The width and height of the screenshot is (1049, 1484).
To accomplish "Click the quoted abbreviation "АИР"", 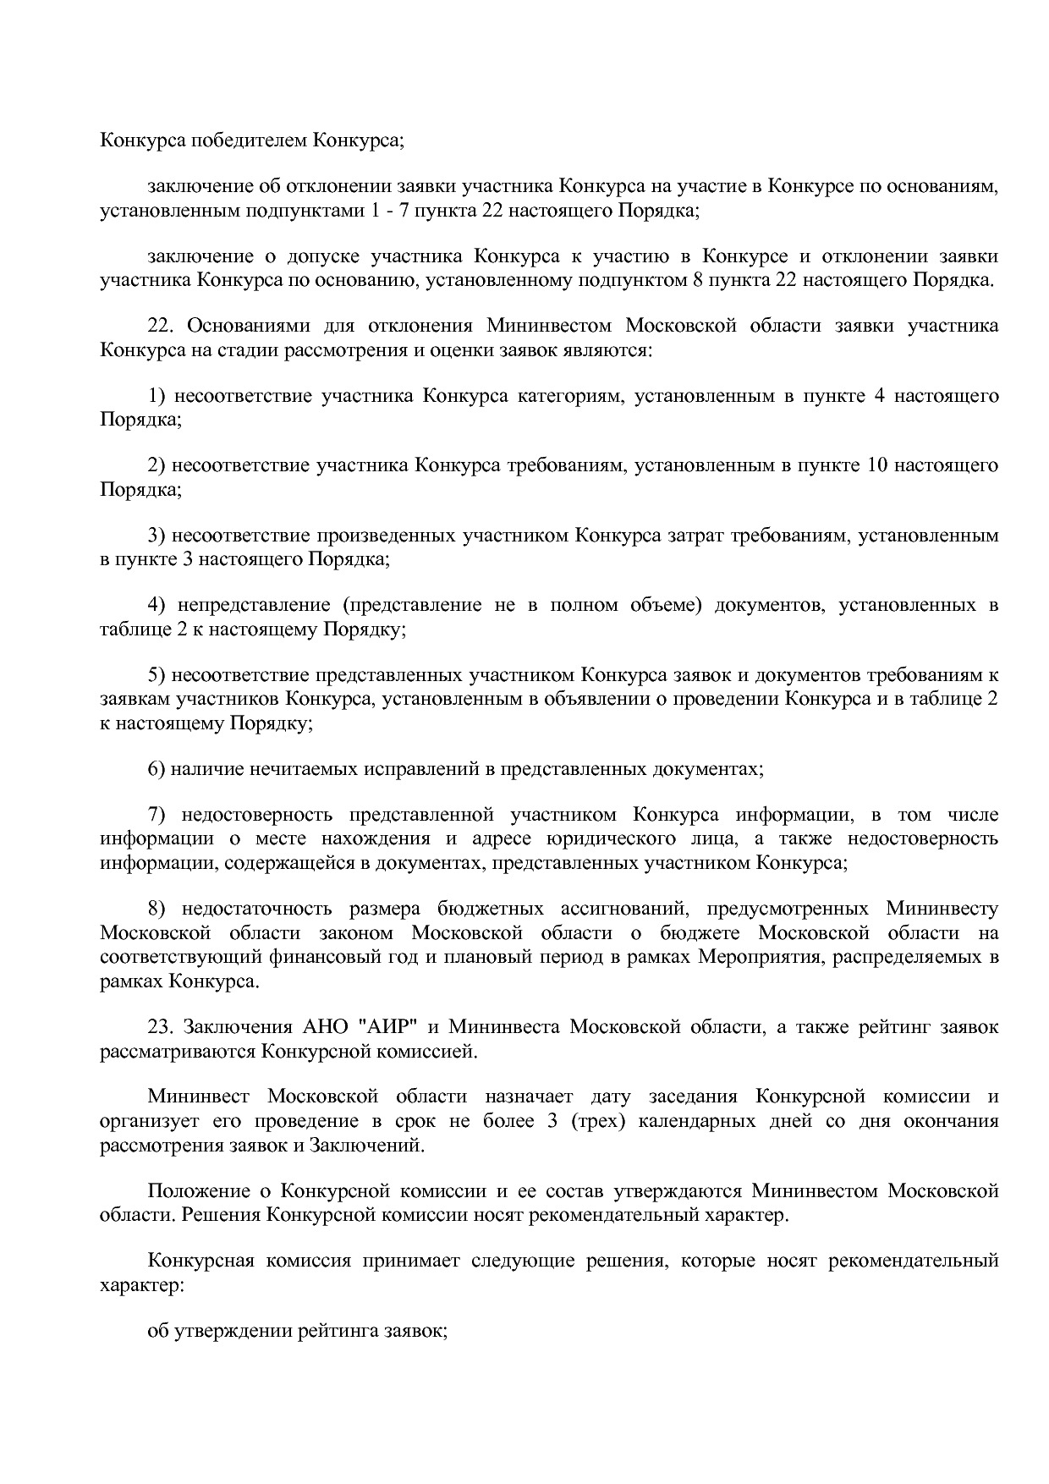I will coord(390,1027).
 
